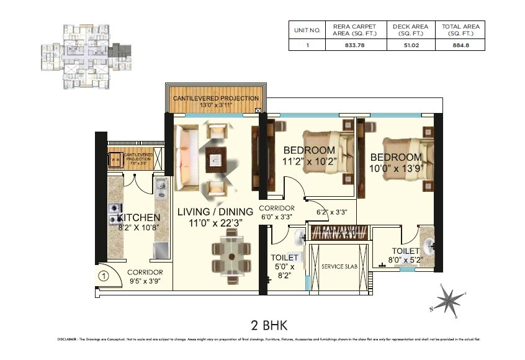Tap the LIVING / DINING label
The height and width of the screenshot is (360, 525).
coord(215,212)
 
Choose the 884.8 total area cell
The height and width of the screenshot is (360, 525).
coord(460,45)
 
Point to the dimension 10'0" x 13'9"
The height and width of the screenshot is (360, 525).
coord(395,168)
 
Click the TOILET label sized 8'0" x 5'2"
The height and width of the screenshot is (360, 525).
coord(405,251)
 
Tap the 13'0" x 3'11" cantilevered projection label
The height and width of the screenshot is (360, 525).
coord(216,106)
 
